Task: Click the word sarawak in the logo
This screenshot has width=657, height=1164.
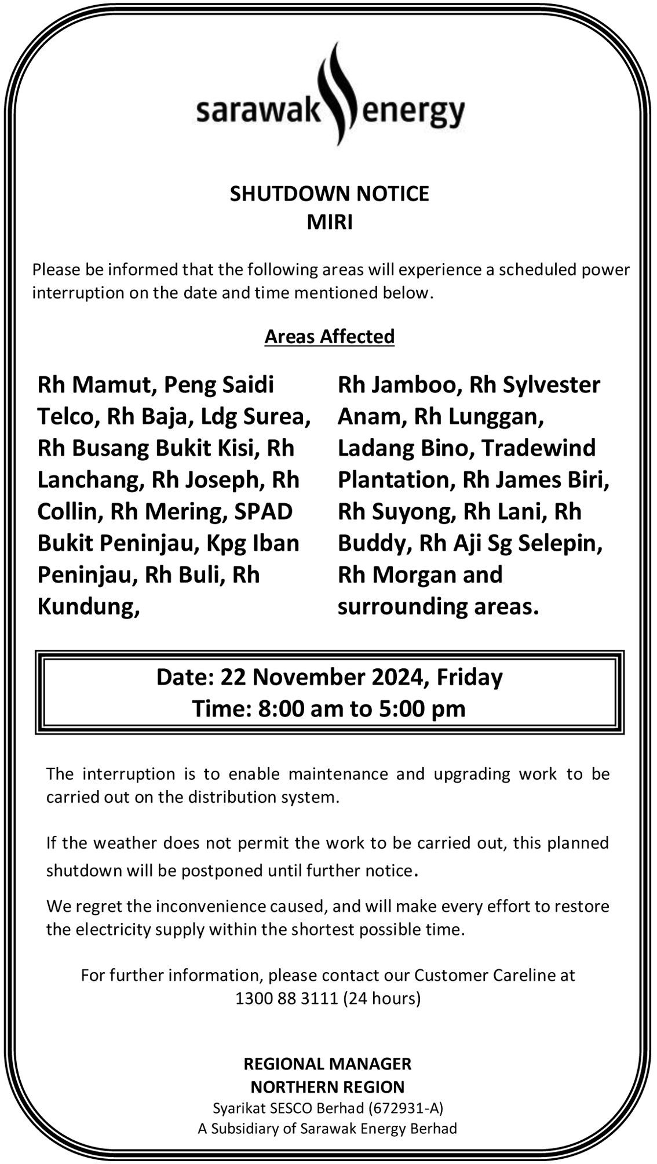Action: [x=258, y=110]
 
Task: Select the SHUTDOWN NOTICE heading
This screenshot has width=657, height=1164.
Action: [x=329, y=194]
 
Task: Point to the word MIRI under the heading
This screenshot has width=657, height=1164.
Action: [x=329, y=222]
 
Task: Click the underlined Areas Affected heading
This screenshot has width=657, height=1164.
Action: [x=329, y=336]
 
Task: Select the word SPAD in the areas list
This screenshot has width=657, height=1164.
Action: [x=264, y=511]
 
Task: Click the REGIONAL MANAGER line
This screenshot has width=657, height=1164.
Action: [x=327, y=1064]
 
